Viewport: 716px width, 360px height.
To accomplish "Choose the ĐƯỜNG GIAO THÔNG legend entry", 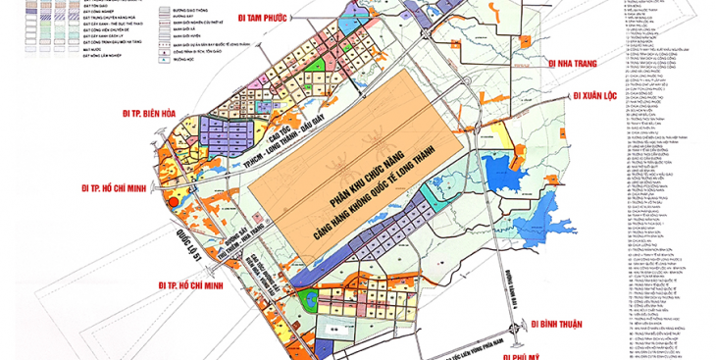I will [192, 3].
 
